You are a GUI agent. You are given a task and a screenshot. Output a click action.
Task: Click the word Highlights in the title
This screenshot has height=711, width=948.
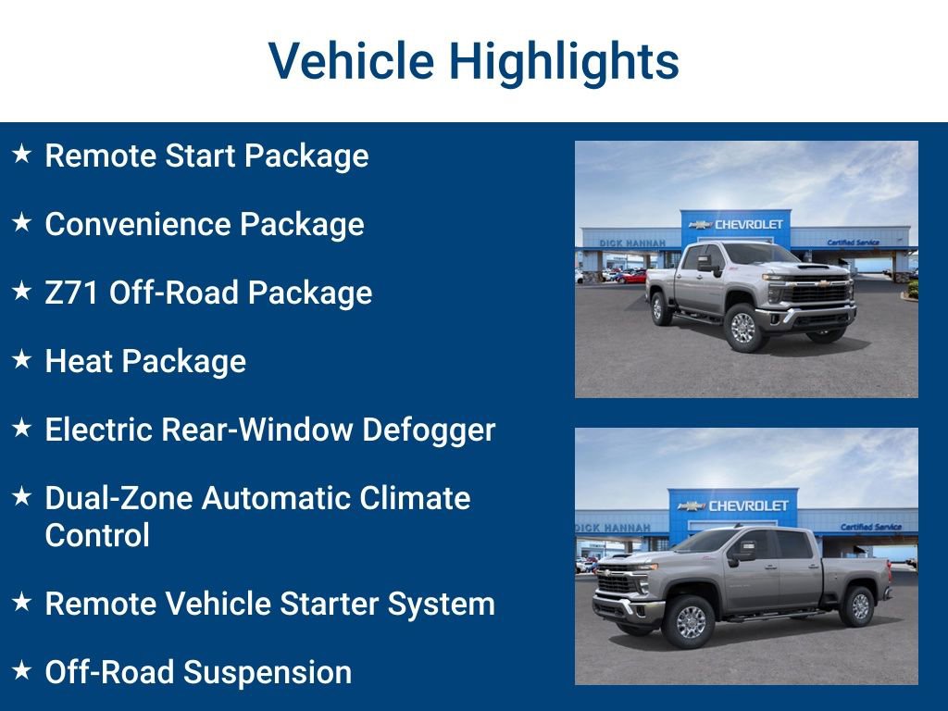tap(564, 62)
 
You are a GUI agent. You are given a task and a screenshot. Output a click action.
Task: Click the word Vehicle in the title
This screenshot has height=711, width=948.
tap(351, 62)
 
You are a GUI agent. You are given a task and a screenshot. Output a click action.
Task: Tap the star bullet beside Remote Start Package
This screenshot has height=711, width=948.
tap(22, 154)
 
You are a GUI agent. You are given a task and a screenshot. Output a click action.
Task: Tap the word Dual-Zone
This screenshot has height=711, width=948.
tap(118, 498)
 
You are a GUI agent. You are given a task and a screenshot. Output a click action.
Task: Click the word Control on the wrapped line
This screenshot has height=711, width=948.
tap(97, 535)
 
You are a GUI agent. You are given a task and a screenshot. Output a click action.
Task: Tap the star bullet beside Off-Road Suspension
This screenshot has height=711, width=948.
tap(22, 670)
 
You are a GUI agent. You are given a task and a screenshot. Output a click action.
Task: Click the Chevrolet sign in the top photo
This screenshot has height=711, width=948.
tap(737, 224)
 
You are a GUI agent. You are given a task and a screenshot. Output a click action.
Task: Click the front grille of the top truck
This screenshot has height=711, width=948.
tap(818, 293)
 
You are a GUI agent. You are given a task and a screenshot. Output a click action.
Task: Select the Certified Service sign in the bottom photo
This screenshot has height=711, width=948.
tap(870, 527)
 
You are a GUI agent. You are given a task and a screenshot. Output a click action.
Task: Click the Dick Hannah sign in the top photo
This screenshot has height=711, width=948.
tap(632, 243)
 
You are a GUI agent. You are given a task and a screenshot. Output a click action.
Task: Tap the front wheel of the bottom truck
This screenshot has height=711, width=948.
tap(691, 621)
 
